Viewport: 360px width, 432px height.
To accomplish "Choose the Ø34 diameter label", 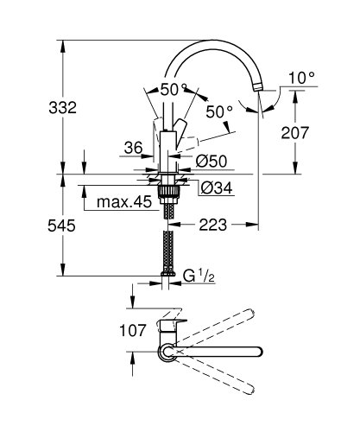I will click(216, 187).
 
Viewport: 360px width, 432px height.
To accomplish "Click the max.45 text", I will click(117, 203).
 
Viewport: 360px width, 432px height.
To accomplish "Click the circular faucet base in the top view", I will click(165, 351).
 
